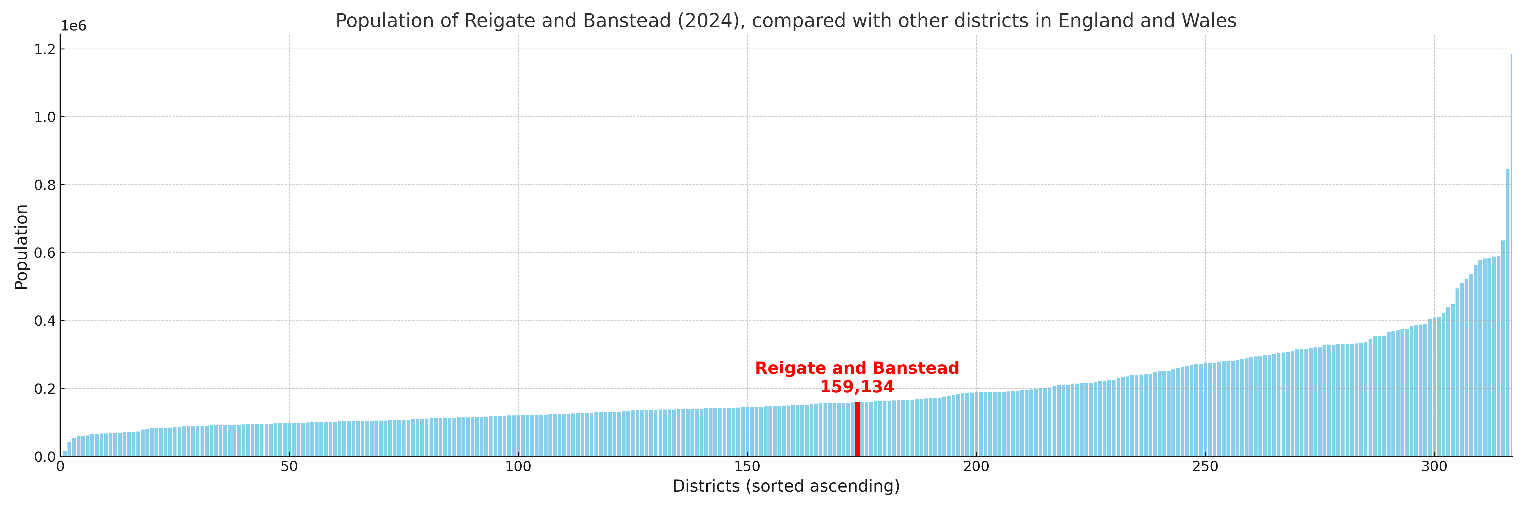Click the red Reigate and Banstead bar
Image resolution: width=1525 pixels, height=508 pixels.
pos(857,429)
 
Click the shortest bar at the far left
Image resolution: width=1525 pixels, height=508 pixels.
pos(64,454)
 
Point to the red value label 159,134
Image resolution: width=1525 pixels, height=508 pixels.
pos(857,387)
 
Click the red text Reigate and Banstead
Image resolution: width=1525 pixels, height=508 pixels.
pos(857,368)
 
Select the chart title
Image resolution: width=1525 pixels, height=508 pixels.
pos(786,21)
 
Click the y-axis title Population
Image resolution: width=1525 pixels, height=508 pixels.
pos(21,247)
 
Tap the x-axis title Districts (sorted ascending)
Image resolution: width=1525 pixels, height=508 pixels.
pos(786,486)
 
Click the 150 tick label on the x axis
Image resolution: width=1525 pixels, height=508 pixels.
pos(747,467)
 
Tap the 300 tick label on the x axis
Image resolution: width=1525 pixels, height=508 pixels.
pos(1434,467)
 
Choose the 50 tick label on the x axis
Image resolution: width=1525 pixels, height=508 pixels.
pos(289,467)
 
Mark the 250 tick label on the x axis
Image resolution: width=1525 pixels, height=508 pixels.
pos(1205,467)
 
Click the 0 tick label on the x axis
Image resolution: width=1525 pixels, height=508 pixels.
pos(60,467)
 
